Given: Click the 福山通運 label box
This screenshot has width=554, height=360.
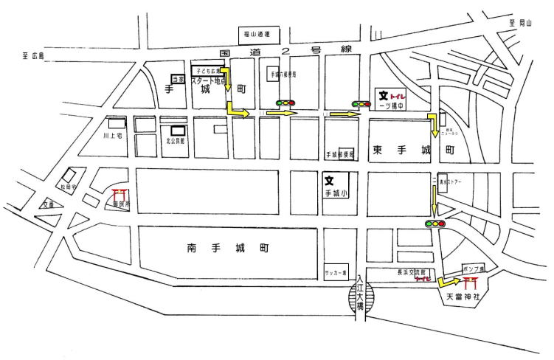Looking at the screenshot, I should [257, 34].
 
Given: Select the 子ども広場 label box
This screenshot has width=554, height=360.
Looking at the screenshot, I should [207, 70].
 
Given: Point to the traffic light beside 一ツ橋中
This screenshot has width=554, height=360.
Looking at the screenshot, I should [361, 104].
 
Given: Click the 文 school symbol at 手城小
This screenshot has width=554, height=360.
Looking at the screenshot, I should [330, 179].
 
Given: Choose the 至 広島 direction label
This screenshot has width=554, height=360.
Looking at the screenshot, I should [33, 56].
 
